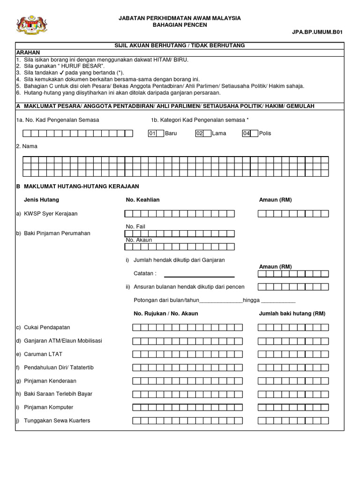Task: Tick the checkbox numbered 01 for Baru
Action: pos(152,133)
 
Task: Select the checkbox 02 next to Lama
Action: pos(200,133)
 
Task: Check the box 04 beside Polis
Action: pos(247,133)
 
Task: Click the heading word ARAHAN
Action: pos(28,52)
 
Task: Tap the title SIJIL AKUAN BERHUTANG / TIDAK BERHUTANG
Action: pos(180,45)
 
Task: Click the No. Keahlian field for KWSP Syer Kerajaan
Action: pos(179,214)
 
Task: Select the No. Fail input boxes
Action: pos(179,233)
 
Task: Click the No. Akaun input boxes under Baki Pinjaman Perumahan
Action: pos(179,247)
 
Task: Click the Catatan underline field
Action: pos(199,274)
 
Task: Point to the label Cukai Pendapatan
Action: pos(46,327)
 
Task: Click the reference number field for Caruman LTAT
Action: pos(187,354)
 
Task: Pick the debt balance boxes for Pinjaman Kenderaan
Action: pos(293,381)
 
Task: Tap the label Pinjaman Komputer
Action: pos(48,407)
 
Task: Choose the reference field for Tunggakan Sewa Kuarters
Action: pos(187,420)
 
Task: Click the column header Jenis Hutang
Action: pos(41,200)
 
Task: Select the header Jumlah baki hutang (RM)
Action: pos(292,314)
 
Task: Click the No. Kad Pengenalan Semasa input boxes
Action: pos(75,133)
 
